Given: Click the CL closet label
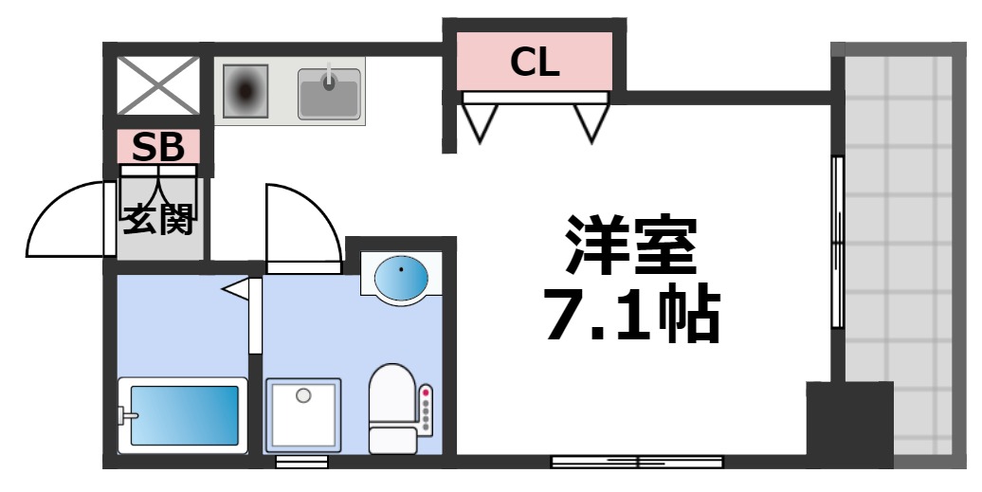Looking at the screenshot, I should pos(535,63).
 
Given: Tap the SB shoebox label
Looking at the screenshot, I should pos(158,147).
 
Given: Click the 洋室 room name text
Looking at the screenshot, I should pos(631,245).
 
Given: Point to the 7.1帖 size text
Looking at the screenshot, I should pos(631,314).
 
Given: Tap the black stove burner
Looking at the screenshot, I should pos(247,91).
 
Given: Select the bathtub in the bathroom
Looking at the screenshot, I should pos(182,414).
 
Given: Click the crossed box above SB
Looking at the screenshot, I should pos(158,85).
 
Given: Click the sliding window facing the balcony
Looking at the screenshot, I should pos(837,242).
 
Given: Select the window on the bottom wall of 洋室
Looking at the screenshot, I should pos(638,463).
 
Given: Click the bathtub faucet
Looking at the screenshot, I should pos(124,414).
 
